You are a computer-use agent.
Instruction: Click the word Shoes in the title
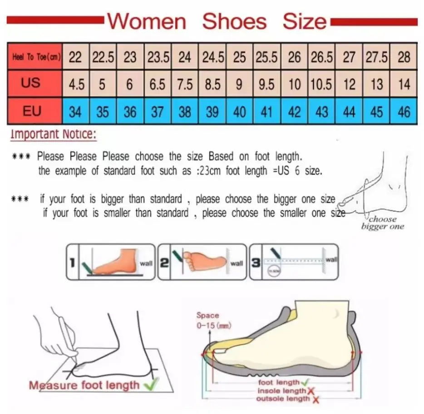pyautogui.click(x=234, y=21)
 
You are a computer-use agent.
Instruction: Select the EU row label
pyautogui.click(x=32, y=111)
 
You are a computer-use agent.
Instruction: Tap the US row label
pyautogui.click(x=30, y=83)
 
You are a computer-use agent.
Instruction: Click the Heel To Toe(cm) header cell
pyautogui.click(x=35, y=58)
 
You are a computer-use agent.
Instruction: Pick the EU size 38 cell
pyautogui.click(x=185, y=112)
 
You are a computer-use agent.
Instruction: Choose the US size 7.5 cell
pyautogui.click(x=185, y=84)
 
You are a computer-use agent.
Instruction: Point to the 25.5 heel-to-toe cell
pyautogui.click(x=266, y=58)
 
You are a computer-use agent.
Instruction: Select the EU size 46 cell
pyautogui.click(x=404, y=112)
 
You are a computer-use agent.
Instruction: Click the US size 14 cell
pyautogui.click(x=404, y=84)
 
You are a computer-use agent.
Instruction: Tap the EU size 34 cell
pyautogui.click(x=75, y=112)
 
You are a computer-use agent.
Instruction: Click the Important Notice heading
pyautogui.click(x=53, y=134)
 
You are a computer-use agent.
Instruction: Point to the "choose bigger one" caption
pyautogui.click(x=382, y=223)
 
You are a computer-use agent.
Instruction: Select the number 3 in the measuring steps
pyautogui.click(x=256, y=263)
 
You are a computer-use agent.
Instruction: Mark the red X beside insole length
pyautogui.click(x=311, y=391)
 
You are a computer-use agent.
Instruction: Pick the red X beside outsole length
pyautogui.click(x=316, y=399)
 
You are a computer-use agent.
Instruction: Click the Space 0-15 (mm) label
pyautogui.click(x=208, y=320)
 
